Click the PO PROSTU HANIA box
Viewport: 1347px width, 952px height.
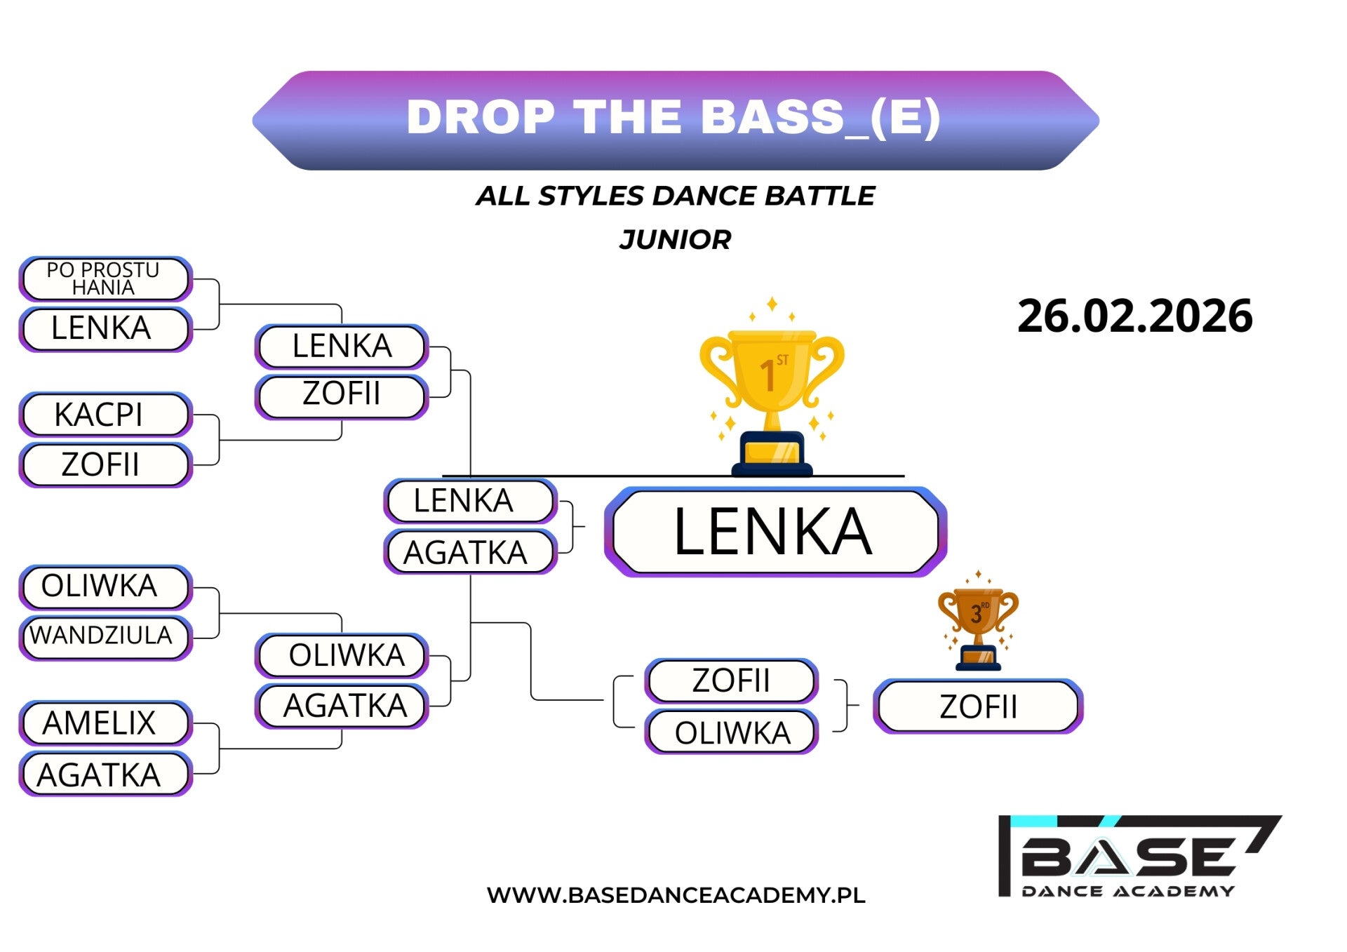105,279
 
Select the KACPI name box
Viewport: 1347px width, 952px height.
105,415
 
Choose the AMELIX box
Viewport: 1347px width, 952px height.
105,723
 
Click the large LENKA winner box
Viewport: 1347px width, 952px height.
775,532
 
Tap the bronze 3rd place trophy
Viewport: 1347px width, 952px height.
978,621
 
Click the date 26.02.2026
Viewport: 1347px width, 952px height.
1134,316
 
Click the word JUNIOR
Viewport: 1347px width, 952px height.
675,240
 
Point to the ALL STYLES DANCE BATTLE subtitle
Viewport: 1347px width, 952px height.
675,196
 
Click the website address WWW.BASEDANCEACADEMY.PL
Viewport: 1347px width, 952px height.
676,895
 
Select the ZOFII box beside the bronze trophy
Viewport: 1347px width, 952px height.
978,706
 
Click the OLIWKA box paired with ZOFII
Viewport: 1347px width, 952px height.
731,732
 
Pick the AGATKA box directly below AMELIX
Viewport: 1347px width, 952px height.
105,775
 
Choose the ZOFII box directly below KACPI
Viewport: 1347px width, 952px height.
105,464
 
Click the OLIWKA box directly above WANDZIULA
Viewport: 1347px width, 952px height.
105,586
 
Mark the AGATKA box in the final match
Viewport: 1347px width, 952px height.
470,552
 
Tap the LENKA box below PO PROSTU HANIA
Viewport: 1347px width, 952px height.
105,328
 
